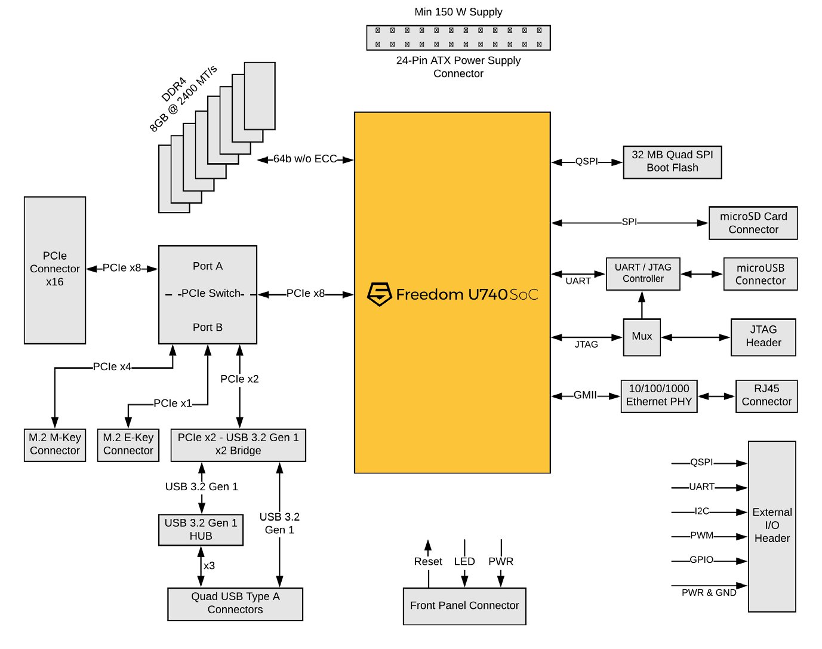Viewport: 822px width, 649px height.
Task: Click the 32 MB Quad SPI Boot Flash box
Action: tap(672, 162)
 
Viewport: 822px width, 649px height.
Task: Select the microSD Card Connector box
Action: tap(753, 223)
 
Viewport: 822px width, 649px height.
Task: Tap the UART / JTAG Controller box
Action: tap(643, 273)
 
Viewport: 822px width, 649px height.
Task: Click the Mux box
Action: tap(642, 337)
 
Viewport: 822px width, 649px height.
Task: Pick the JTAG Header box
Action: tap(763, 337)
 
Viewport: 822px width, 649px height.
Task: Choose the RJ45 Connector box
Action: tap(766, 395)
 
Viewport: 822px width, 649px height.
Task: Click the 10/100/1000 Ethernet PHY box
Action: tap(658, 395)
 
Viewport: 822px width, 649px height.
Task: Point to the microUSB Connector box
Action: tap(760, 274)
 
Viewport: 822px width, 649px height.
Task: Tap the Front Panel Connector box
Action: tap(464, 606)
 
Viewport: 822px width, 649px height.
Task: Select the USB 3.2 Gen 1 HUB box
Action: tap(201, 530)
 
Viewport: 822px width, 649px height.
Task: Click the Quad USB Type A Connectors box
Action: tap(235, 604)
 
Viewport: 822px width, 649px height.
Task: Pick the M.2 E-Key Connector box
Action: tap(128, 445)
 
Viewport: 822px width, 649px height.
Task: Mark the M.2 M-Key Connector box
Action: tap(55, 445)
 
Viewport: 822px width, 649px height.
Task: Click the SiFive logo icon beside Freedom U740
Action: tap(379, 294)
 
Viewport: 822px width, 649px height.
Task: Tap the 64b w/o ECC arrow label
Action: tap(305, 159)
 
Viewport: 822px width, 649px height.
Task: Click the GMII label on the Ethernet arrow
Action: tap(585, 395)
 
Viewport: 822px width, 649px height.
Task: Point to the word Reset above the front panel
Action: tap(428, 562)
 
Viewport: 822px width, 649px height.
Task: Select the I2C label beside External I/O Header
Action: tap(702, 512)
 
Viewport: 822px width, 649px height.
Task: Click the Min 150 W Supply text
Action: tap(458, 12)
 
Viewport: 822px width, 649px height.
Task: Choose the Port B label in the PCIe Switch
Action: tap(208, 328)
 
